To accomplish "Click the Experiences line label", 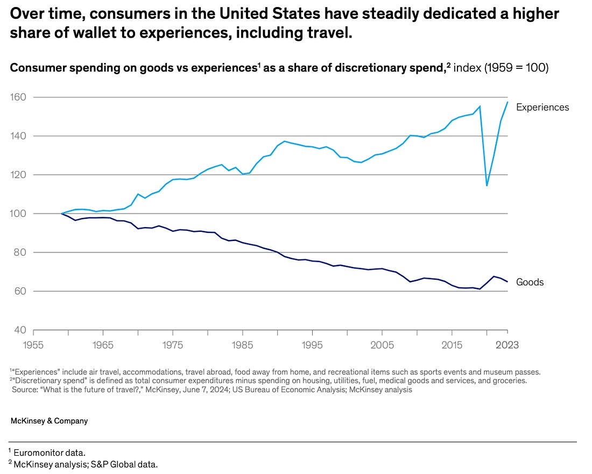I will click(542, 107).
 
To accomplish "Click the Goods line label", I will click(530, 282).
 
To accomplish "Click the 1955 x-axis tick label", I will click(33, 345).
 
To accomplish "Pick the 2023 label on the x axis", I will click(506, 345).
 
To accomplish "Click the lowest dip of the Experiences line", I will click(487, 186).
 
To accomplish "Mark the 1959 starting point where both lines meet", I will click(61, 214).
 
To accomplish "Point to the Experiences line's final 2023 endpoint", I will click(508, 102).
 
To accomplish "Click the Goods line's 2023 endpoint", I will click(508, 281).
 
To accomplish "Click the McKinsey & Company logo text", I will click(49, 421).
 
